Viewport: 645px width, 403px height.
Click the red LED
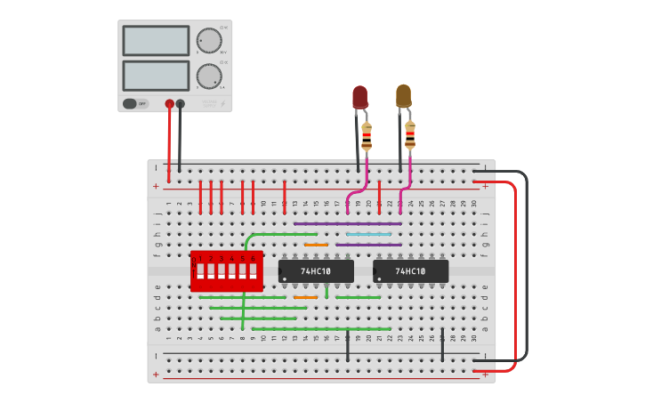tap(359, 96)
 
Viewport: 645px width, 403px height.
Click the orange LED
tap(403, 95)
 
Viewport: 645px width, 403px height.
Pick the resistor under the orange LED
tap(410, 135)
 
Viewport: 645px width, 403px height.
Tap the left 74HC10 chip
tap(316, 271)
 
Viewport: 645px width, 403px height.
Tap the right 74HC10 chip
tap(410, 271)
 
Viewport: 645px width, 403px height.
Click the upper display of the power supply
tap(156, 41)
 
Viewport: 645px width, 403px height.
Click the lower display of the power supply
tap(156, 76)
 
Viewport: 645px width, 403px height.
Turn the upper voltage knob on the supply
tap(209, 41)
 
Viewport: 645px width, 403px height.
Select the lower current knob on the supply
tap(209, 76)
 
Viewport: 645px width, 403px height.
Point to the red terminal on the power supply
tap(169, 104)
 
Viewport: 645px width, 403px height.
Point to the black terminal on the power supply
tap(181, 104)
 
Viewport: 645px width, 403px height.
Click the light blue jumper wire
tap(368, 234)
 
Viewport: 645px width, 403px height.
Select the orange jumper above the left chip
tap(316, 245)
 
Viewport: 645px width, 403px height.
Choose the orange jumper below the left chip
tap(305, 297)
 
